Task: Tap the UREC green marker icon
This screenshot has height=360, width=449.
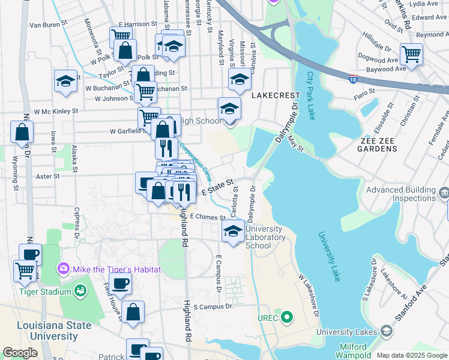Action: click(x=288, y=317)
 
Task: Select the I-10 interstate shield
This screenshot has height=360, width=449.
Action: click(x=354, y=78)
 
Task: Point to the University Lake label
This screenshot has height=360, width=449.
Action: click(x=329, y=257)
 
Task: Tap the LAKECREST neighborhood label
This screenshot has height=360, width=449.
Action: click(x=275, y=95)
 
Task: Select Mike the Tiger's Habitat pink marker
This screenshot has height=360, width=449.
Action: click(x=62, y=269)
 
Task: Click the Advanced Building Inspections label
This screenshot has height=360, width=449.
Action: click(x=401, y=194)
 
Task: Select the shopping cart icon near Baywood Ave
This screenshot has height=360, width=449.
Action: click(x=412, y=54)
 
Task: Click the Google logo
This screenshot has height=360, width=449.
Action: click(x=20, y=353)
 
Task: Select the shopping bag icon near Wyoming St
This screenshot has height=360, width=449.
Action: click(x=22, y=132)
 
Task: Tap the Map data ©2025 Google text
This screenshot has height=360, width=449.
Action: click(x=411, y=355)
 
